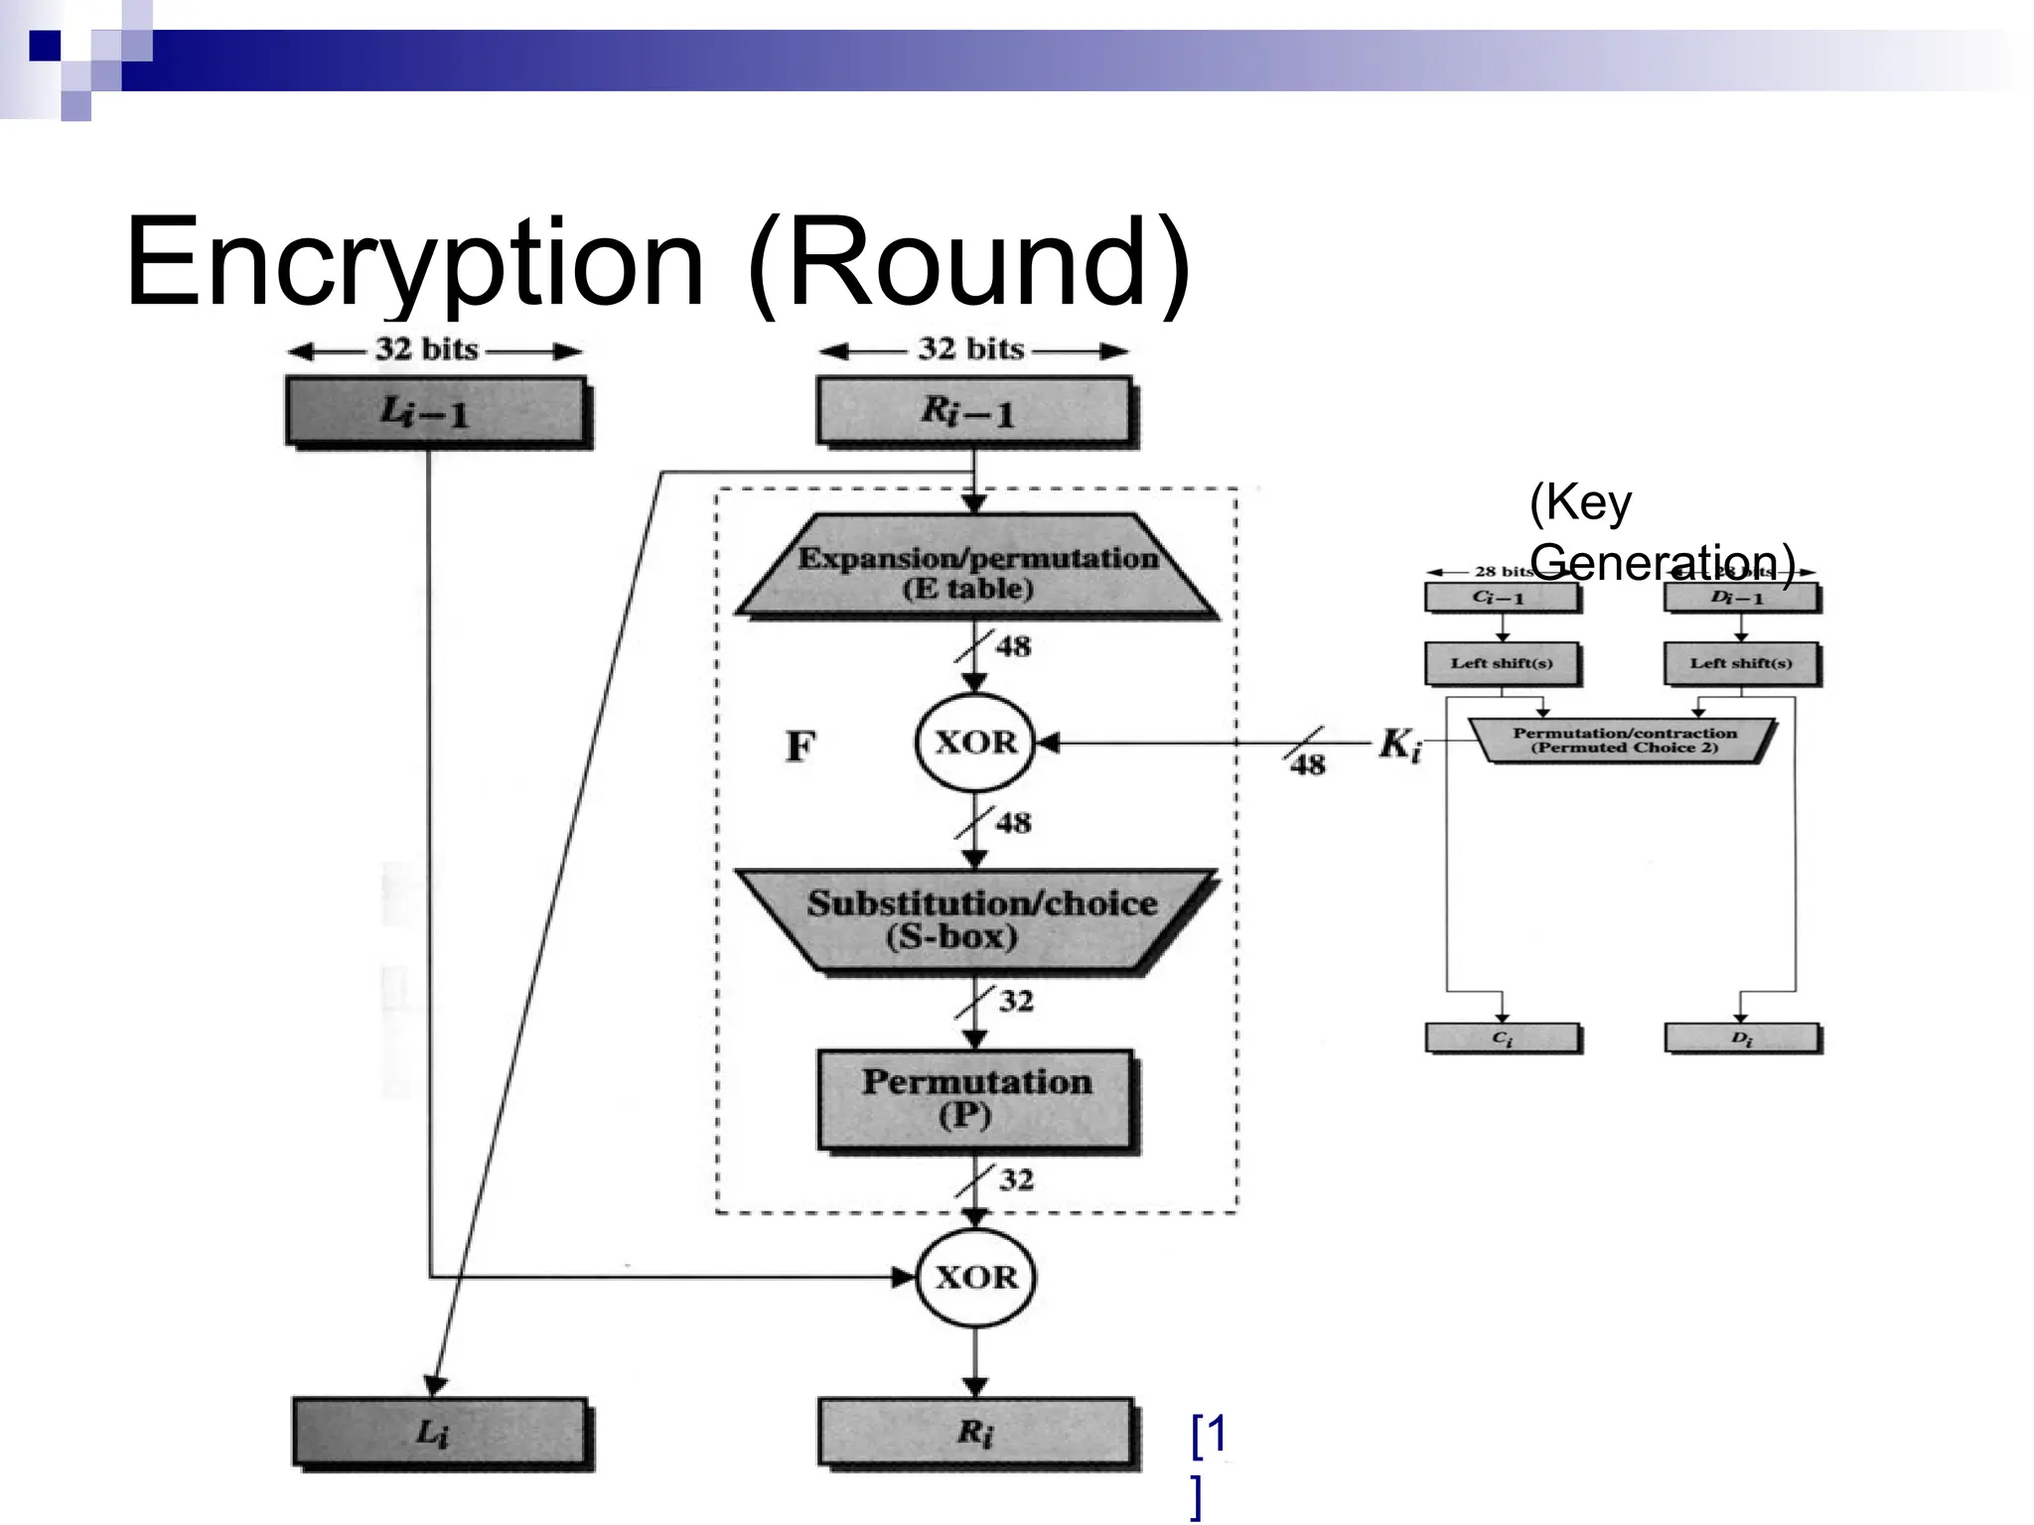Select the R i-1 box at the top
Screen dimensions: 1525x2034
pos(972,410)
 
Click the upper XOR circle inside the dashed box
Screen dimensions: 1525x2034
pos(975,742)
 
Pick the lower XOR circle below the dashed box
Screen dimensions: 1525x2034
pos(975,1277)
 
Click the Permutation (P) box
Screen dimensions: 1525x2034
pos(975,1098)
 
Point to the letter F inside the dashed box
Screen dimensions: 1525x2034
pos(800,746)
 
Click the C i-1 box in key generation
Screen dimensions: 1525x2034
pos(1501,598)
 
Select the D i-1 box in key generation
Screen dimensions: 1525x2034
pos(1740,598)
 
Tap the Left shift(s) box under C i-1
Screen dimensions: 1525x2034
pos(1501,663)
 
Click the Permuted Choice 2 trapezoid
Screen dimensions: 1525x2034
pos(1623,741)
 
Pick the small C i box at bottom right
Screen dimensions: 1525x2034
pos(1502,1038)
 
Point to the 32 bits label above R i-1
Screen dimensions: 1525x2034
pos(970,349)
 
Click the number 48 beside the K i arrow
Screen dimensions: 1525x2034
pos(1308,763)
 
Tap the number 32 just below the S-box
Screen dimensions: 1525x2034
pos(1016,1001)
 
